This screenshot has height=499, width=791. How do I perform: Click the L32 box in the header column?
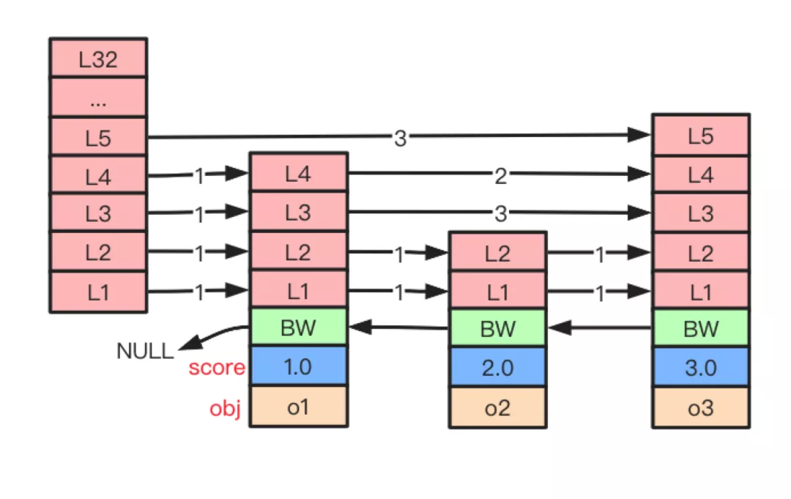[x=98, y=57]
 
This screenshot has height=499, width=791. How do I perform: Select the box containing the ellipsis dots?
[x=98, y=97]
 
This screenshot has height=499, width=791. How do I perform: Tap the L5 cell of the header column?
[x=98, y=137]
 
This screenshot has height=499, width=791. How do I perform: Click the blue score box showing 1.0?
[x=298, y=366]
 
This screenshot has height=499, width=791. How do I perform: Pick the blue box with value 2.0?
[x=497, y=367]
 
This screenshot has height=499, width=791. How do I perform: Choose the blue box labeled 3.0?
[x=701, y=367]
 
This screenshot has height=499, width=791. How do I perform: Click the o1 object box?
[x=298, y=407]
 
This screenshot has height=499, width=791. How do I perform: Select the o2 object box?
[x=497, y=407]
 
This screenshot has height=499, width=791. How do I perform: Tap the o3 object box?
[x=701, y=407]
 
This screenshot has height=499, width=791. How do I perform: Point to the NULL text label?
[x=145, y=351]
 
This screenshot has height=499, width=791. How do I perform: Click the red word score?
[x=217, y=367]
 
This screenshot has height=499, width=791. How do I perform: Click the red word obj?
[x=225, y=408]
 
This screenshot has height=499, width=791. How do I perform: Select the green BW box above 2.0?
[x=497, y=328]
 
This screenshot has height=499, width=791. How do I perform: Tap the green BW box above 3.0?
[x=701, y=328]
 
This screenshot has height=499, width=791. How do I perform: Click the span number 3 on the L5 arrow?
[x=400, y=138]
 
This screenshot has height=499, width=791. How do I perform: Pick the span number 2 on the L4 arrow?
[x=500, y=176]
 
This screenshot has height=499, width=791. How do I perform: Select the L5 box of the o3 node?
[x=701, y=136]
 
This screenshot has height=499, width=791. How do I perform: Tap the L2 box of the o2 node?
[x=497, y=252]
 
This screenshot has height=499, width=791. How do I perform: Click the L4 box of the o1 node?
[x=298, y=172]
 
